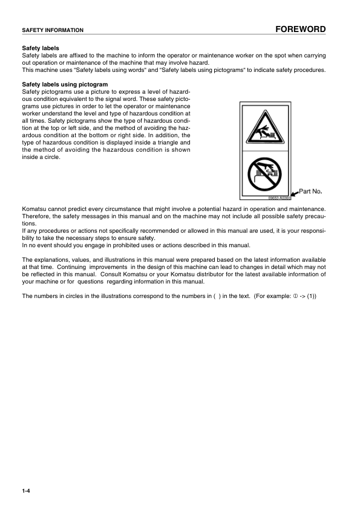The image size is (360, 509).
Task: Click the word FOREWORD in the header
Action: pos(300,29)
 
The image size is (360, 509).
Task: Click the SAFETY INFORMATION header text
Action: pos(53,30)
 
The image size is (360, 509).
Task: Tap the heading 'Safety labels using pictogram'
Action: pos(65,84)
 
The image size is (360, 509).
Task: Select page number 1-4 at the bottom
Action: pos(26,491)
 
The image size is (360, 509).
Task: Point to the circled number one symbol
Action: pos(296,296)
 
